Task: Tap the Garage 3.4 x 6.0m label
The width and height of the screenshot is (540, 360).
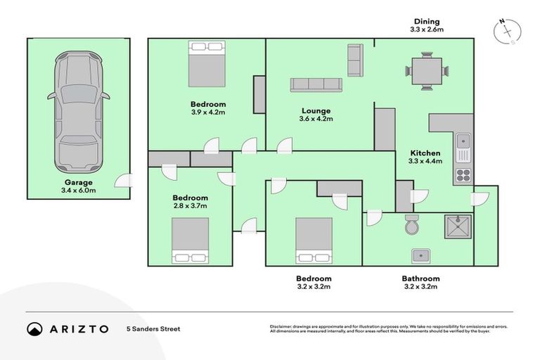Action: click(78, 186)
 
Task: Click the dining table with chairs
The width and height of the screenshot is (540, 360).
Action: click(426, 71)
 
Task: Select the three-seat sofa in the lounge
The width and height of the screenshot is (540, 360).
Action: click(316, 84)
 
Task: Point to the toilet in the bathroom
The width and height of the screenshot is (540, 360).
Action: click(413, 226)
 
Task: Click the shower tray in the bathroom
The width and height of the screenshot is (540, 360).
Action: click(458, 226)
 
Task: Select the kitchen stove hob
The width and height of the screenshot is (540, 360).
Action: click(463, 174)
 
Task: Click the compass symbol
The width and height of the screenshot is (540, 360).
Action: click(508, 32)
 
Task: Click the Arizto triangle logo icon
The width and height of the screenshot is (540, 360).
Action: click(34, 328)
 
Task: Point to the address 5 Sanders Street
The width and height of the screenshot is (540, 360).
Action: click(153, 328)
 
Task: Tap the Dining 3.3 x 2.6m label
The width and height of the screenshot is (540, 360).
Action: click(426, 26)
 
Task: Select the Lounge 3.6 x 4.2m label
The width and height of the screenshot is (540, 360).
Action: click(316, 115)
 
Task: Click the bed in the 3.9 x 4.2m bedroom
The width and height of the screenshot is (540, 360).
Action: click(207, 63)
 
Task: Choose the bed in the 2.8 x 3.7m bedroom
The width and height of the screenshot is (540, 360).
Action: click(190, 240)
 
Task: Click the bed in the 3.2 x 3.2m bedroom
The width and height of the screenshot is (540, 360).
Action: click(314, 240)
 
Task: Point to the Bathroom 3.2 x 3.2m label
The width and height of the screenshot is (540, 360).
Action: click(420, 283)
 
